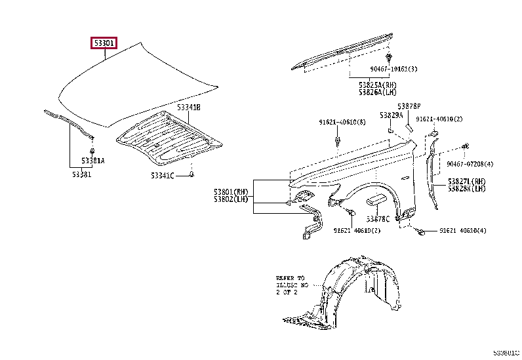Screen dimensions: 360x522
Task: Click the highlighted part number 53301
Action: tap(104, 44)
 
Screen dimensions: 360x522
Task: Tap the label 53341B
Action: tap(188, 106)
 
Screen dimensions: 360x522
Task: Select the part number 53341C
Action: tap(162, 175)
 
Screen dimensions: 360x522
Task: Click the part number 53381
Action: tap(82, 174)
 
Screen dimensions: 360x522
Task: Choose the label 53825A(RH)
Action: tap(378, 85)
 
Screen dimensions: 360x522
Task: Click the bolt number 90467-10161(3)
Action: tap(393, 68)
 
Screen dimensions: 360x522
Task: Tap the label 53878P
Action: tap(409, 106)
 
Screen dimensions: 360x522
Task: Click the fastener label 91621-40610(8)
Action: tap(342, 122)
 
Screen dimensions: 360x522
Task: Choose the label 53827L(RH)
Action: tap(467, 181)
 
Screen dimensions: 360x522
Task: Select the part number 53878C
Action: tap(378, 218)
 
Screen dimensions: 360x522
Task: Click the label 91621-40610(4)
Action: tap(463, 230)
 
